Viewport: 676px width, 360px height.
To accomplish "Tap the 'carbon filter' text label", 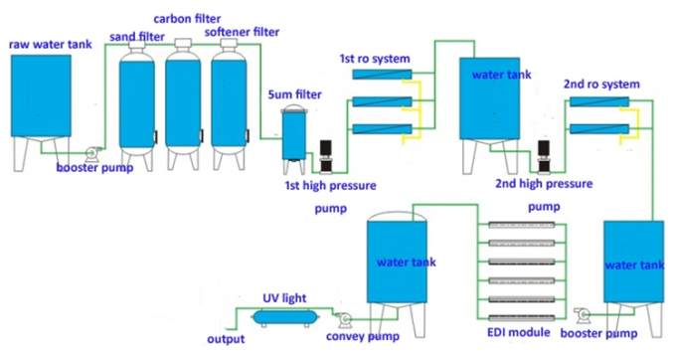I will coord(186,19).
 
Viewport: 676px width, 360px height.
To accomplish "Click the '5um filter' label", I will coord(294,94).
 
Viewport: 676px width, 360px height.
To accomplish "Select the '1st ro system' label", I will coord(374,60).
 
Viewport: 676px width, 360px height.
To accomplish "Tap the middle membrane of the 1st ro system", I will coord(380,101).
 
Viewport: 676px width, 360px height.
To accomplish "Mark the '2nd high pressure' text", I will coord(543,184).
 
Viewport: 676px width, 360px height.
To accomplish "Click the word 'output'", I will coord(226,339).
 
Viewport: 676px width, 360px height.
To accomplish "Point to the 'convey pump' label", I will coord(362,336).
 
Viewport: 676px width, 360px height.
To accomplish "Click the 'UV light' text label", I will coord(283,296).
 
